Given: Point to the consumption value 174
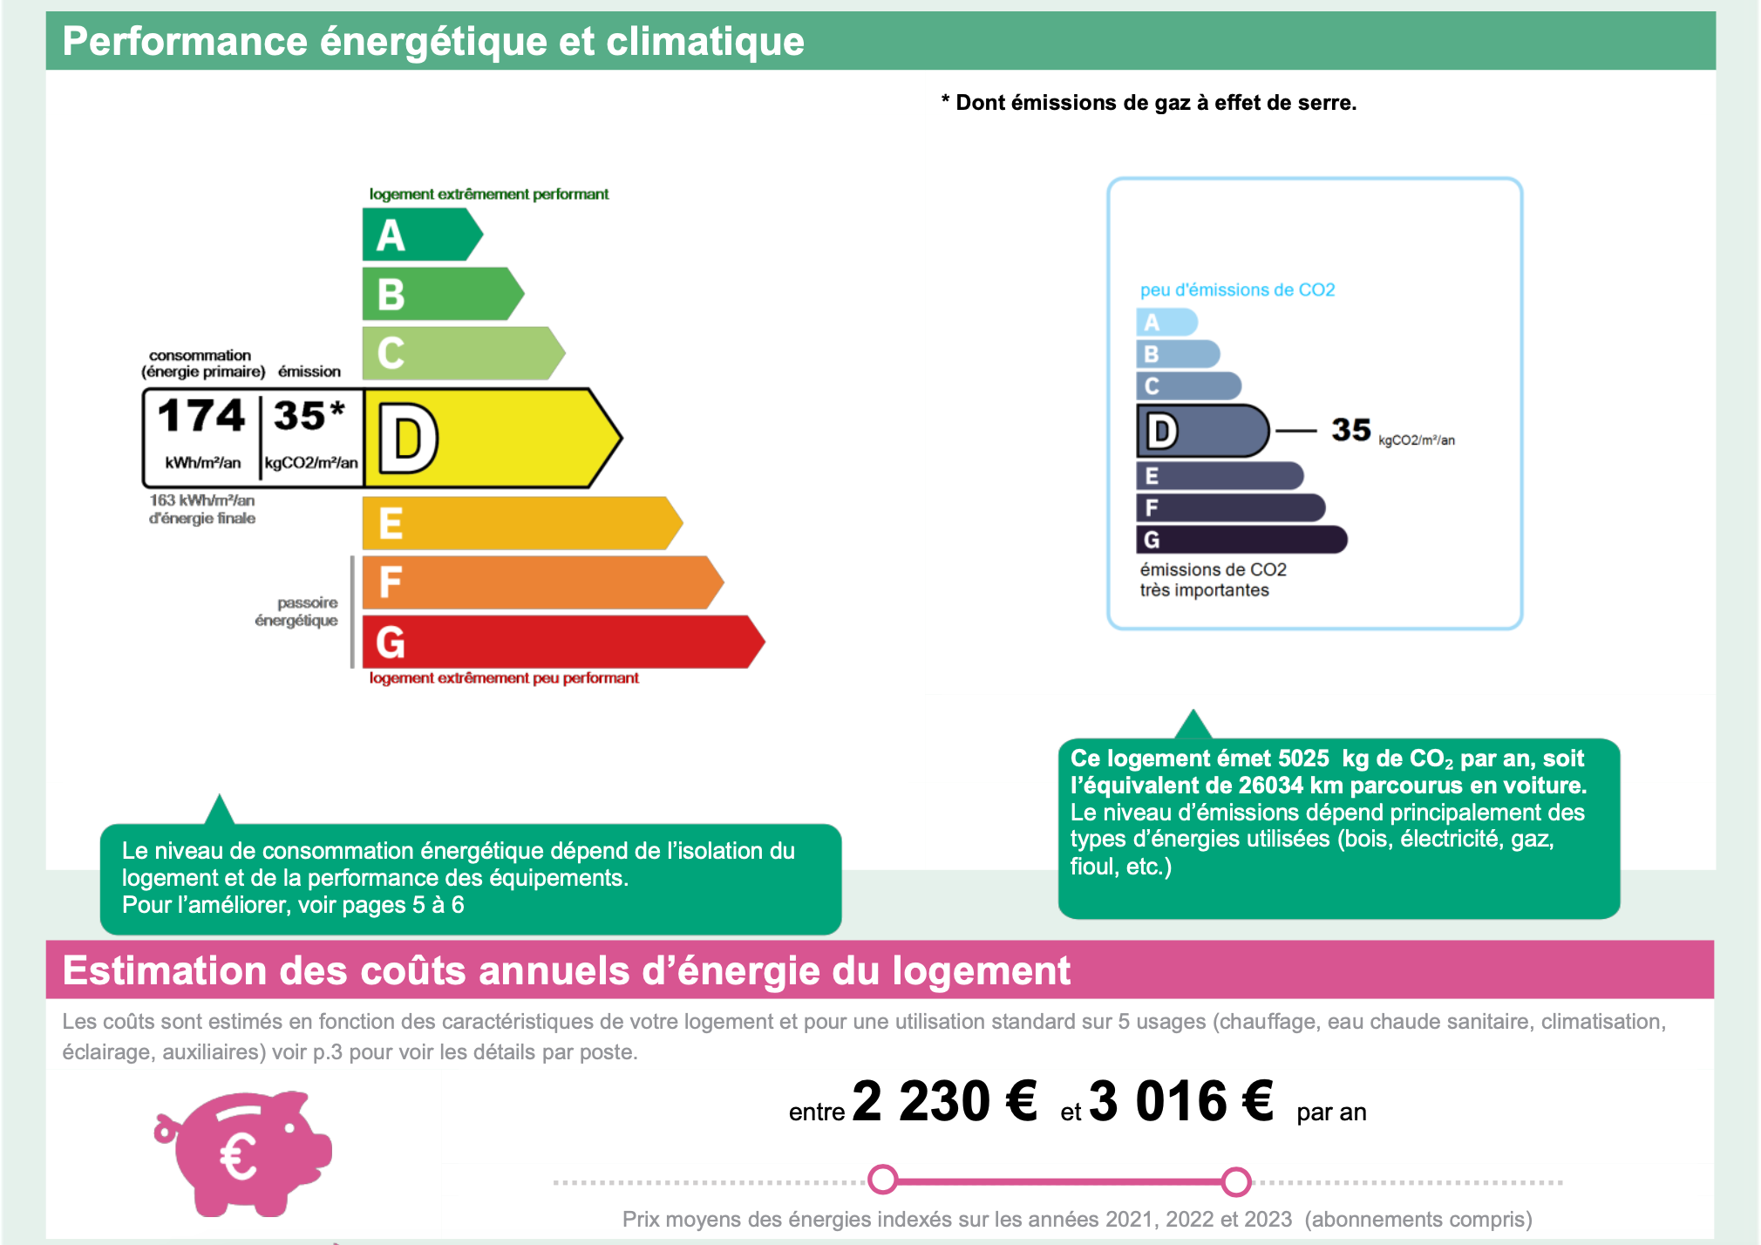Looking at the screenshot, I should (x=201, y=416).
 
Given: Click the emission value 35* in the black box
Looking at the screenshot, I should (x=309, y=416).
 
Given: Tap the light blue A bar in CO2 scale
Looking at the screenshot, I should (x=1166, y=323).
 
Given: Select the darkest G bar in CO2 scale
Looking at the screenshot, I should (x=1241, y=540).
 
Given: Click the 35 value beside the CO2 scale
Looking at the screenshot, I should (x=1350, y=430).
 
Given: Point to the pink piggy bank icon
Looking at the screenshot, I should (x=243, y=1152).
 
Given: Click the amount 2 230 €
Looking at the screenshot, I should (x=944, y=1101).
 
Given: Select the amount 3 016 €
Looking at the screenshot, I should (x=1181, y=1101).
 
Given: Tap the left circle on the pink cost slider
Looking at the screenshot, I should (x=883, y=1180).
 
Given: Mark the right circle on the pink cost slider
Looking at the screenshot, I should (x=1236, y=1181).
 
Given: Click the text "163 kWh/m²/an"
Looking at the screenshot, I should (x=202, y=500).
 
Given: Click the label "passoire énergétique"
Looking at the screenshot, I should (x=296, y=611).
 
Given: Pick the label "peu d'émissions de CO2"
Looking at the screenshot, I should (x=1237, y=289).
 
